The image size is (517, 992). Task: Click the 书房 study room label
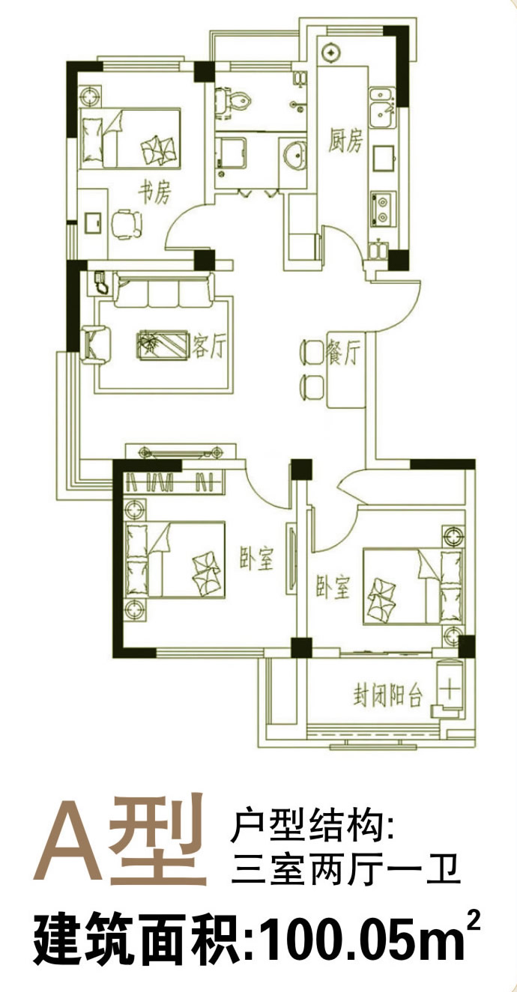[155, 192]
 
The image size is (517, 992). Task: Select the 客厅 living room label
[209, 344]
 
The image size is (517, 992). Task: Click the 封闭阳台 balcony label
[387, 695]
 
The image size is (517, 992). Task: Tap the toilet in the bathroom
[232, 101]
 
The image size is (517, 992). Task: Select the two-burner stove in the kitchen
[383, 209]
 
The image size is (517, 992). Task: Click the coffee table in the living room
[163, 345]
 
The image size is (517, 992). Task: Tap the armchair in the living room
[96, 345]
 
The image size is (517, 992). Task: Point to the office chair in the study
[127, 224]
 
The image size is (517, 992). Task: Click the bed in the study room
[130, 138]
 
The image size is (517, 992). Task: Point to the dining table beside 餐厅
[346, 369]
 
